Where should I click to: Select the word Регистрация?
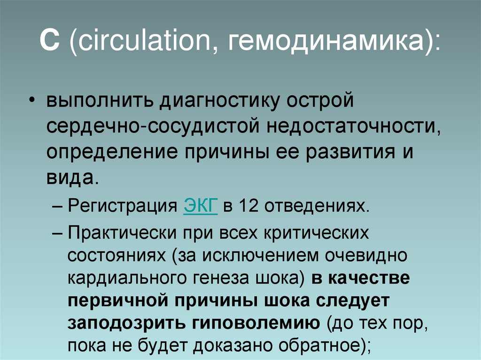click(124, 207)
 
